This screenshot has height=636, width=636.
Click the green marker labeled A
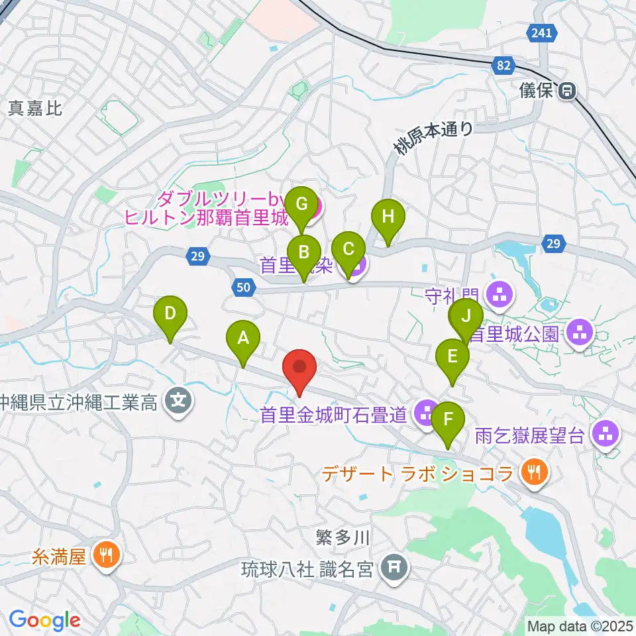[243, 339]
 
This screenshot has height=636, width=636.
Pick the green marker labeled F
[448, 420]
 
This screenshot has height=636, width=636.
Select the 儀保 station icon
[566, 91]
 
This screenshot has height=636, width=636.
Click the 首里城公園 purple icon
[581, 333]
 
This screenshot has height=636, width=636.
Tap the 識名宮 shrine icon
[395, 568]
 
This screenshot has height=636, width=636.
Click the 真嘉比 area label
[35, 109]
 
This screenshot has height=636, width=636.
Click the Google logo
[44, 619]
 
